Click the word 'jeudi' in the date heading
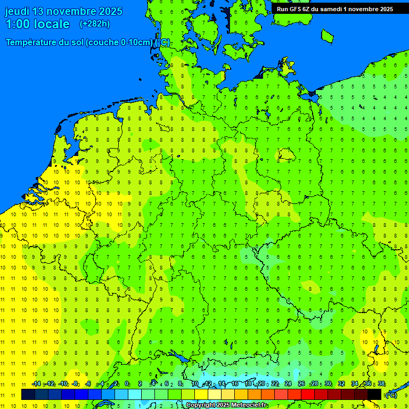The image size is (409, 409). coord(17,11)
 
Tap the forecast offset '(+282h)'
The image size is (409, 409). coord(95,24)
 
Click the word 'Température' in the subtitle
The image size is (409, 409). coord(33,43)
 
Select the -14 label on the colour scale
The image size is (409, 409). coord(36,384)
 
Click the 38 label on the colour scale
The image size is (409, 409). coord(381,384)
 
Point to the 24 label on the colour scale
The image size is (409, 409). coord(288,384)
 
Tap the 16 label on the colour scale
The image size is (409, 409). coord(235,384)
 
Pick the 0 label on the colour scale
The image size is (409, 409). coord(127,384)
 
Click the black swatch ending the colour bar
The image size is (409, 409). coord(374,395)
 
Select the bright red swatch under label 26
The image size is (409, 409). coord(308,395)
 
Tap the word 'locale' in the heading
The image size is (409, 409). coord(50,24)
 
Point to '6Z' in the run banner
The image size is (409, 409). coord(307,9)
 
